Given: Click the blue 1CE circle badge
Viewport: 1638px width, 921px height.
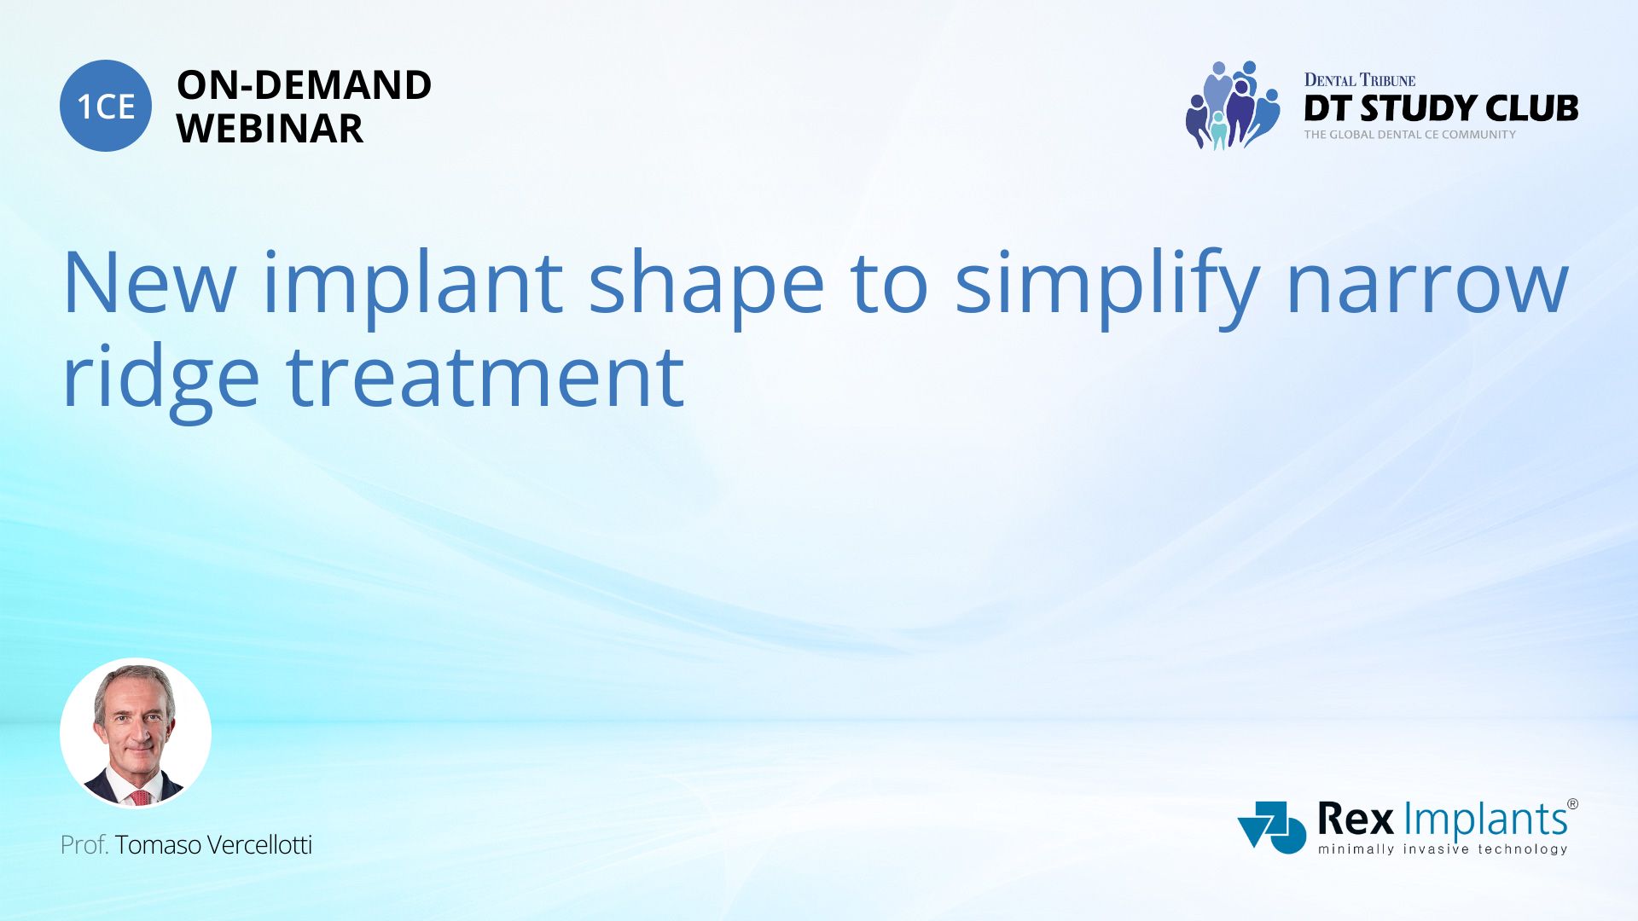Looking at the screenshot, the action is tap(106, 106).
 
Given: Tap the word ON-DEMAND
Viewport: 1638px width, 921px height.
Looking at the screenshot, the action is tap(304, 85).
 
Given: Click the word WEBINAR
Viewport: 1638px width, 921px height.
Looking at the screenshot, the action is tap(270, 129).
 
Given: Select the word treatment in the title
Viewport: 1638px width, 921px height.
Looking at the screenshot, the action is tap(485, 379).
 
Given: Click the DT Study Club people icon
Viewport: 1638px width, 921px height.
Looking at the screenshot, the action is tap(1232, 105).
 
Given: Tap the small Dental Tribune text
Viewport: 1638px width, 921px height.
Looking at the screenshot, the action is tap(1359, 80).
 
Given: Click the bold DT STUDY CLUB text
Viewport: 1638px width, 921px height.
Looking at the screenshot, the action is tap(1441, 108).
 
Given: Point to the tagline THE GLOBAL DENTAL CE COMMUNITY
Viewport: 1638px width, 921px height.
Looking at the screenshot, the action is tap(1409, 135).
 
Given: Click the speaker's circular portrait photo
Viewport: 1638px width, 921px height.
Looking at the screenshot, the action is tap(136, 733).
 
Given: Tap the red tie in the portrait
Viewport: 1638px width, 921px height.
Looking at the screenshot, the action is tap(141, 797).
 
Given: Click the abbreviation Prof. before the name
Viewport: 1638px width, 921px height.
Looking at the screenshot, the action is tap(84, 845).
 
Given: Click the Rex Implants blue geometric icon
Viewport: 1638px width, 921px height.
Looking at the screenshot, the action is tap(1271, 827).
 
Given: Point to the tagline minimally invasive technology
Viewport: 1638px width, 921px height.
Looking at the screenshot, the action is tap(1443, 849).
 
